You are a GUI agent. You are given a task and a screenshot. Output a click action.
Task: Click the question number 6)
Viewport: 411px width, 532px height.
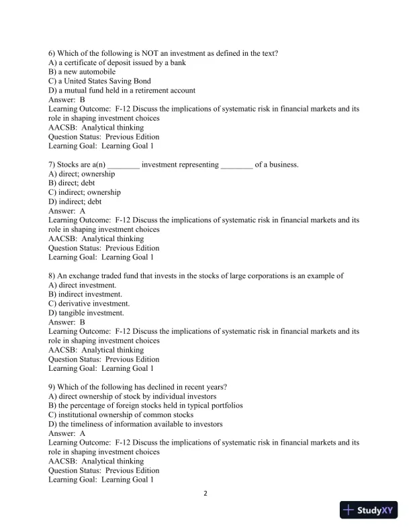coord(53,53)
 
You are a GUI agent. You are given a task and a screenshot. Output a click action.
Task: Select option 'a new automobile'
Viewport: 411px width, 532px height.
coord(82,72)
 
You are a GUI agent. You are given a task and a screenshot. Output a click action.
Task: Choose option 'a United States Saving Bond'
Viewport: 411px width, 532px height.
coord(99,81)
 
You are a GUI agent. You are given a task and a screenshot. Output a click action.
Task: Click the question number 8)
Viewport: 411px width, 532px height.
coord(53,276)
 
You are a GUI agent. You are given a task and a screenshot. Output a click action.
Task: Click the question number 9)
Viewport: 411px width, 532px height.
coord(53,387)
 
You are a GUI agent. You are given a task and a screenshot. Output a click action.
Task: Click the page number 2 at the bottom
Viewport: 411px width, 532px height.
coord(205,494)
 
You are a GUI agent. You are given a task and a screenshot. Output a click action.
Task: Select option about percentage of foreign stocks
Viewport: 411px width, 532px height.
coord(146,406)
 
